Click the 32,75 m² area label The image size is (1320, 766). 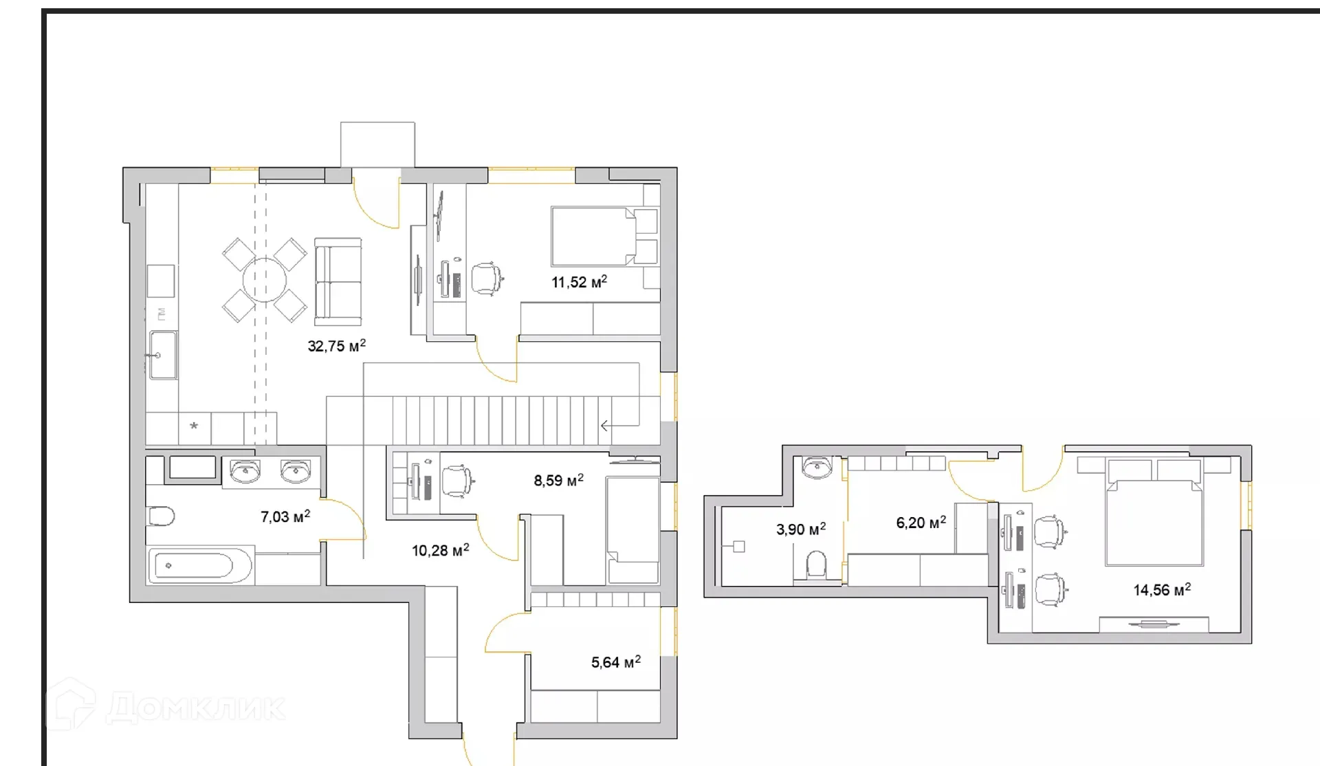tap(336, 346)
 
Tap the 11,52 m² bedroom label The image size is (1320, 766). tap(579, 282)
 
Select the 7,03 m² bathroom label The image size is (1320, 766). tap(285, 516)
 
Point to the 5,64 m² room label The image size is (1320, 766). tap(615, 662)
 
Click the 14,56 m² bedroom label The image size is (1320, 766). tap(1162, 590)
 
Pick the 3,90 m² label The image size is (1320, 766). tap(801, 529)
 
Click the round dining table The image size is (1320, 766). tap(265, 280)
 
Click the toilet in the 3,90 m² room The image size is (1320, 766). tap(816, 565)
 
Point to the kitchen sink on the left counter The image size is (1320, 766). tap(163, 355)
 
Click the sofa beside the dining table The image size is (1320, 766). tap(338, 281)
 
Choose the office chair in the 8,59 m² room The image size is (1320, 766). tap(457, 479)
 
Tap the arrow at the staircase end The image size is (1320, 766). tap(606, 426)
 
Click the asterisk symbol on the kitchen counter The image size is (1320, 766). tap(194, 426)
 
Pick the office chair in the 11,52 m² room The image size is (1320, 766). tap(487, 278)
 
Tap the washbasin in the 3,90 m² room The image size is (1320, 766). tap(817, 468)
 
